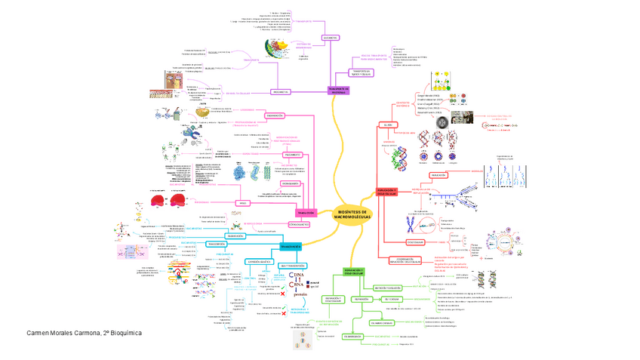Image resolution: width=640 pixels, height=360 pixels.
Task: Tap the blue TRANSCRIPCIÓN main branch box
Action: (x=291, y=247)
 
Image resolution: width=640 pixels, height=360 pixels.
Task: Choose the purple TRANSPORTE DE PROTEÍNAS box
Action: (x=339, y=90)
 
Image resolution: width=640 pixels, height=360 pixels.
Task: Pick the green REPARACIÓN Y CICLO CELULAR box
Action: (x=353, y=271)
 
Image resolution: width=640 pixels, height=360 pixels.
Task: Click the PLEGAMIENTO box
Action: (x=273, y=155)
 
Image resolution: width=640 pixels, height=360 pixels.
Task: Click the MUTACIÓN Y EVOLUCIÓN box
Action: (x=385, y=288)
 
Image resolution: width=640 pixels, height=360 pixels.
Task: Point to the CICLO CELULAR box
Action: (x=414, y=242)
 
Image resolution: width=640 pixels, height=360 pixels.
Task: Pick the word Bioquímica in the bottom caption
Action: (x=125, y=333)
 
